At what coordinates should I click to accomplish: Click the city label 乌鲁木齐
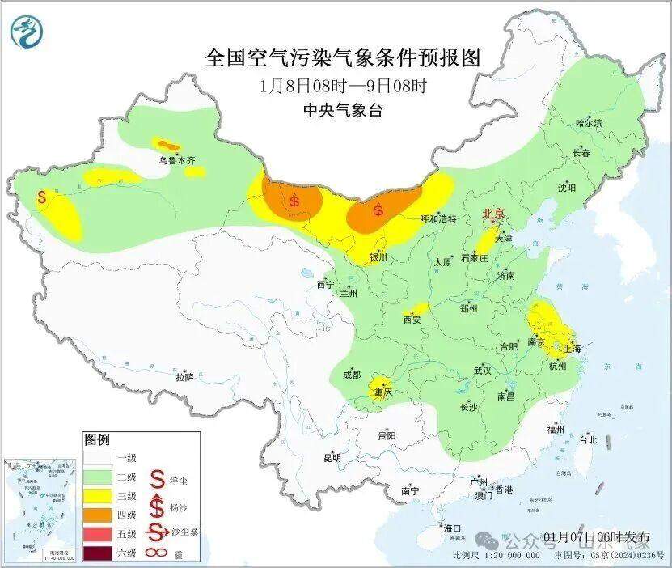(177, 161)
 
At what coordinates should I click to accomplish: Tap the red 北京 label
(493, 214)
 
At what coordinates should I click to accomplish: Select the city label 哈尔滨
(589, 123)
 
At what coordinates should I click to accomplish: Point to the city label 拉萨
(184, 377)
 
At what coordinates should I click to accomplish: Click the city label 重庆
(382, 392)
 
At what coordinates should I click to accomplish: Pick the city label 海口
(452, 528)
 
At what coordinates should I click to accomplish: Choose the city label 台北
(587, 440)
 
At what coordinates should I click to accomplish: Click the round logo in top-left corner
(27, 32)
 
